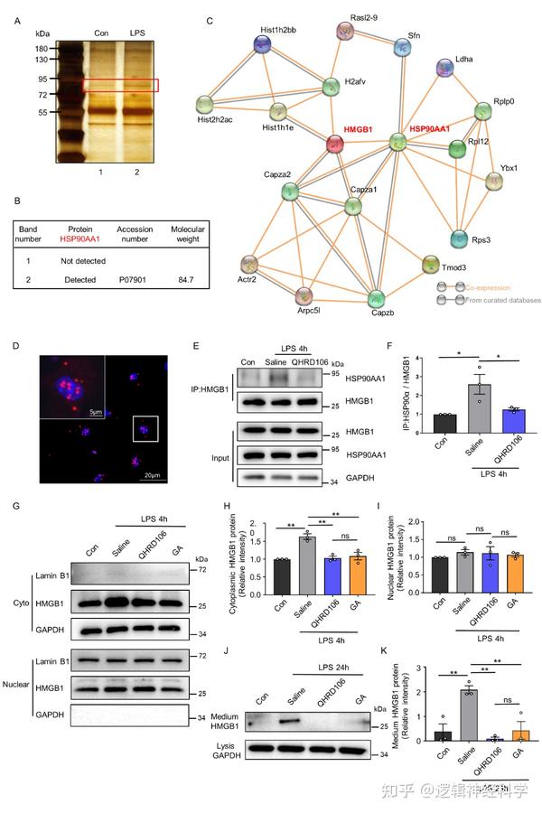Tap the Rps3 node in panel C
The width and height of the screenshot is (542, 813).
459,239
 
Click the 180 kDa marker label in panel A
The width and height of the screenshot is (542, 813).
41,48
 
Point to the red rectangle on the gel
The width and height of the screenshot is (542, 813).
120,85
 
